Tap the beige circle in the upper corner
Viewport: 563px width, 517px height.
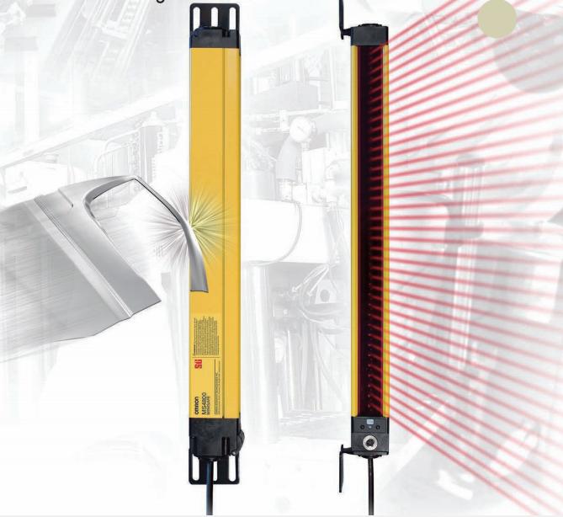(497, 18)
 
